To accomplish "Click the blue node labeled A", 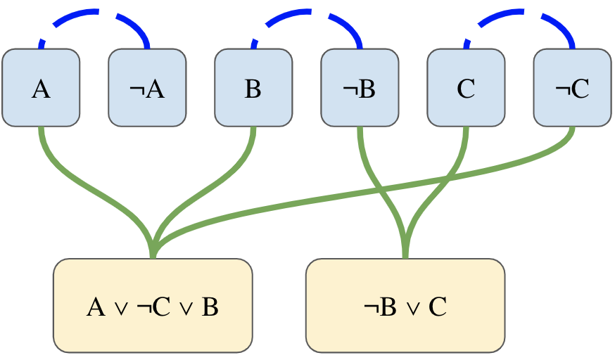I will point(41,88).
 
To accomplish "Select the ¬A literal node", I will point(147,88).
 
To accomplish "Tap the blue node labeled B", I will point(253,88).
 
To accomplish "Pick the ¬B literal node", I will point(360,88).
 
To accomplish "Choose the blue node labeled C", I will point(466,88).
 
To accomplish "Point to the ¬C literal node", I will point(572,88).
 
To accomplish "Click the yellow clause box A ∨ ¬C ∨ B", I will point(153,305).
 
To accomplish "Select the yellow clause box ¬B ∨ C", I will point(405,305).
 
